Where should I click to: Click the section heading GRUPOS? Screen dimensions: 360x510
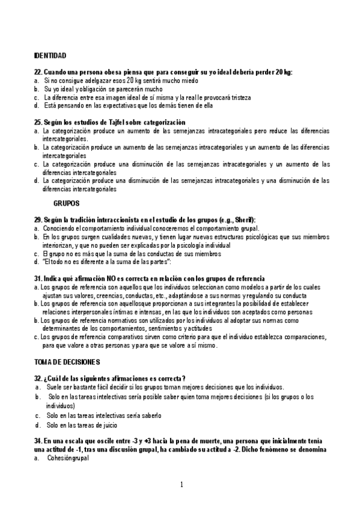tap(66, 203)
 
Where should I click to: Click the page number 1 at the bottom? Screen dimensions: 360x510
tap(181, 484)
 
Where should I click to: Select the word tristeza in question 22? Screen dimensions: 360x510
tap(238, 97)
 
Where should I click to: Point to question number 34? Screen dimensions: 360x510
tap(38, 441)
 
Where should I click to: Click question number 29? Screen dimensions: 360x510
tap(38, 220)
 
